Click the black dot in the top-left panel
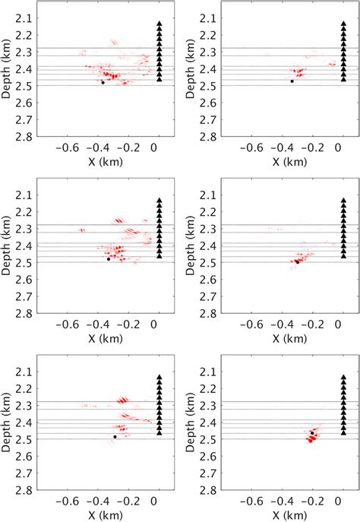pyautogui.click(x=103, y=82)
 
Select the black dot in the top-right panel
pyautogui.click(x=292, y=81)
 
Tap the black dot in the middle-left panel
pyautogui.click(x=109, y=259)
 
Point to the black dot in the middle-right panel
pyautogui.click(x=297, y=261)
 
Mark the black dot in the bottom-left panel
pyautogui.click(x=115, y=437)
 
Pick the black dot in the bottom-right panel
pyautogui.click(x=312, y=433)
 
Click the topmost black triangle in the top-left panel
pyautogui.click(x=159, y=24)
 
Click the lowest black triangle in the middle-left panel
pyautogui.click(x=159, y=255)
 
